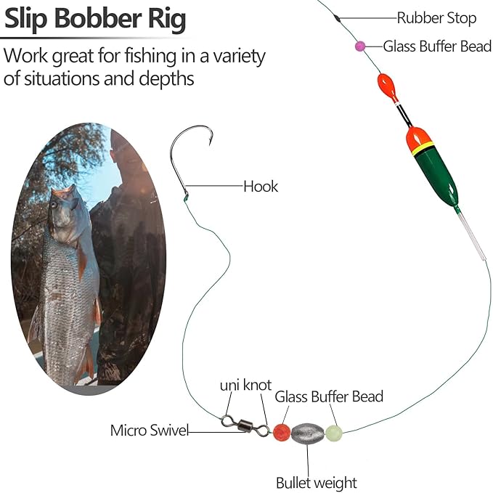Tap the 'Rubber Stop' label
tap(436, 18)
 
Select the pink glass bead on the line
tap(360, 46)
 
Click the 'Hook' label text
tap(260, 187)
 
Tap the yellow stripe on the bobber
tap(422, 149)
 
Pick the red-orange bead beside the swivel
tap(282, 433)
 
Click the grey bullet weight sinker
tap(308, 433)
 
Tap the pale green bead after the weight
tap(333, 433)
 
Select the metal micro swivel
tap(245, 425)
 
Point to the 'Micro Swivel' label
tap(149, 431)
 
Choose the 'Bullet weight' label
tap(316, 482)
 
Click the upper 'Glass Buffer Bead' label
tap(437, 46)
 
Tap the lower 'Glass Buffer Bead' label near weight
tap(328, 396)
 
